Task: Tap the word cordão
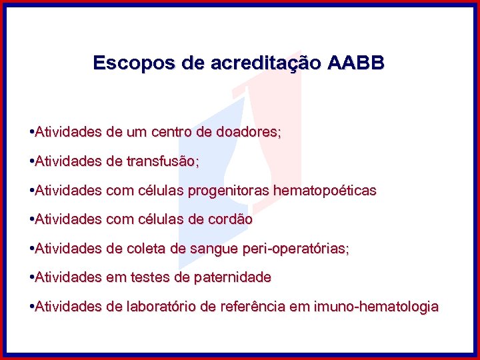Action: click(229, 219)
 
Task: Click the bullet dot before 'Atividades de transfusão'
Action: click(32, 161)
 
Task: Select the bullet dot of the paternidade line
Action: click(32, 277)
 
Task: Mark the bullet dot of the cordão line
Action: click(32, 219)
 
